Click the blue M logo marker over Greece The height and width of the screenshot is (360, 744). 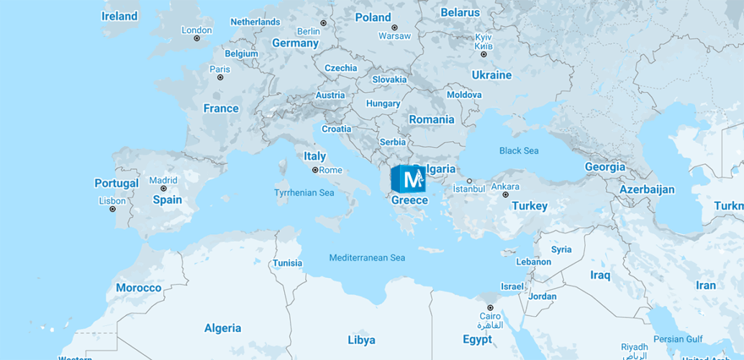[408, 179]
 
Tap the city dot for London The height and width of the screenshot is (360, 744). [197, 39]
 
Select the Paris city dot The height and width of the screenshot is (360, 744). [220, 78]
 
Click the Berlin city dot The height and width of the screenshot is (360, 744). [323, 23]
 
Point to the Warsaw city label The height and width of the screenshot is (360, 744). [394, 36]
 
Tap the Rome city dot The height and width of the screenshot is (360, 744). [315, 171]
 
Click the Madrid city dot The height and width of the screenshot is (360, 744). [163, 189]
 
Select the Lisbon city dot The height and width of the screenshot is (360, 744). [112, 210]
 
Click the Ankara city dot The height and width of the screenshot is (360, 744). [505, 195]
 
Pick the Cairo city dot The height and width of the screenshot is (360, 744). [490, 307]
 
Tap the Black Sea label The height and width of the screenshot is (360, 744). [519, 150]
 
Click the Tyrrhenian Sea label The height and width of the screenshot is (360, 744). [304, 193]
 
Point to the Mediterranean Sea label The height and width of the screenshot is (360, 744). [367, 258]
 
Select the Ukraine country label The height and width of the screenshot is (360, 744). [491, 75]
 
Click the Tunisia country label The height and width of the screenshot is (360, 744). [287, 263]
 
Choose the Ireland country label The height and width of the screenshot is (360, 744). [119, 16]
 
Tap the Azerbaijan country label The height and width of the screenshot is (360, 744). [648, 189]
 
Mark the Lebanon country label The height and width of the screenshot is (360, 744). [534, 262]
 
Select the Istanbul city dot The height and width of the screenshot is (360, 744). [469, 181]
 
